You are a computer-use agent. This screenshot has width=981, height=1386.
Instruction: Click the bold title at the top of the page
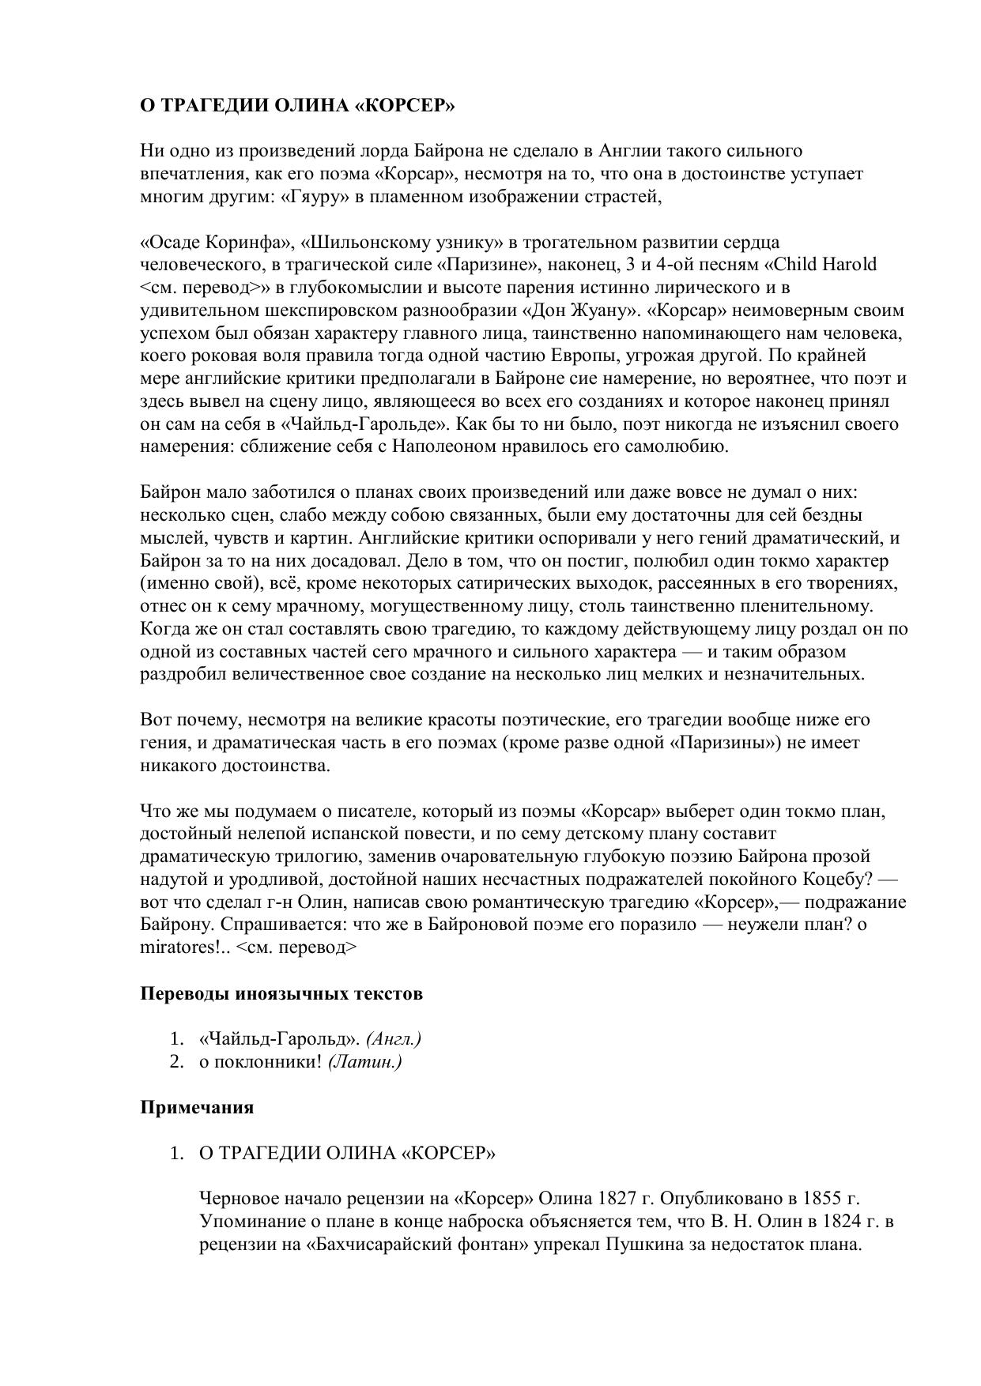298,106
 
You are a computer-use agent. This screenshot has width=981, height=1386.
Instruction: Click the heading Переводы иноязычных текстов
281,993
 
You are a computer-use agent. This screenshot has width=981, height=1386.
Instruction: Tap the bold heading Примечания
197,1107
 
